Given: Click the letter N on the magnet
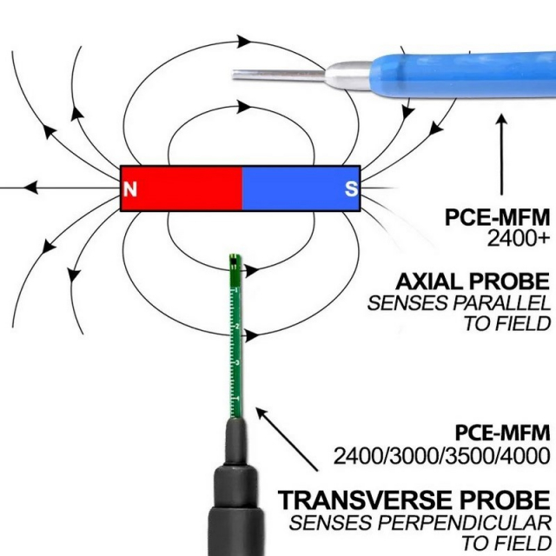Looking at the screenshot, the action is pyautogui.click(x=130, y=189).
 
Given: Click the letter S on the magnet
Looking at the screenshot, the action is pyautogui.click(x=351, y=189).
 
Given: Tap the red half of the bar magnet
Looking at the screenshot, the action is pyautogui.click(x=182, y=189).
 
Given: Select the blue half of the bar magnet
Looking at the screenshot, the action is pyautogui.click(x=301, y=189).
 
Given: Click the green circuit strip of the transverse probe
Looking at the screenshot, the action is pyautogui.click(x=235, y=336).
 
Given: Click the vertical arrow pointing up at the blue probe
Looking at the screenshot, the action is pyautogui.click(x=501, y=155).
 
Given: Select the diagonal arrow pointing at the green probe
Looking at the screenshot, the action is pyautogui.click(x=287, y=440).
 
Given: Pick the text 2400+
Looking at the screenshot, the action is pyautogui.click(x=519, y=239).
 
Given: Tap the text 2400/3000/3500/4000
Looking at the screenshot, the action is pyautogui.click(x=442, y=456).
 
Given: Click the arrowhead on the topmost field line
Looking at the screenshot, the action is pyautogui.click(x=244, y=41).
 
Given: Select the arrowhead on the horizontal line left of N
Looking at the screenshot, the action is pyautogui.click(x=31, y=188).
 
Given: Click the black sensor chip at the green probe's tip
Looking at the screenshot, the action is pyautogui.click(x=235, y=262).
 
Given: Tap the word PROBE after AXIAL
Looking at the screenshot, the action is pyautogui.click(x=510, y=281).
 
